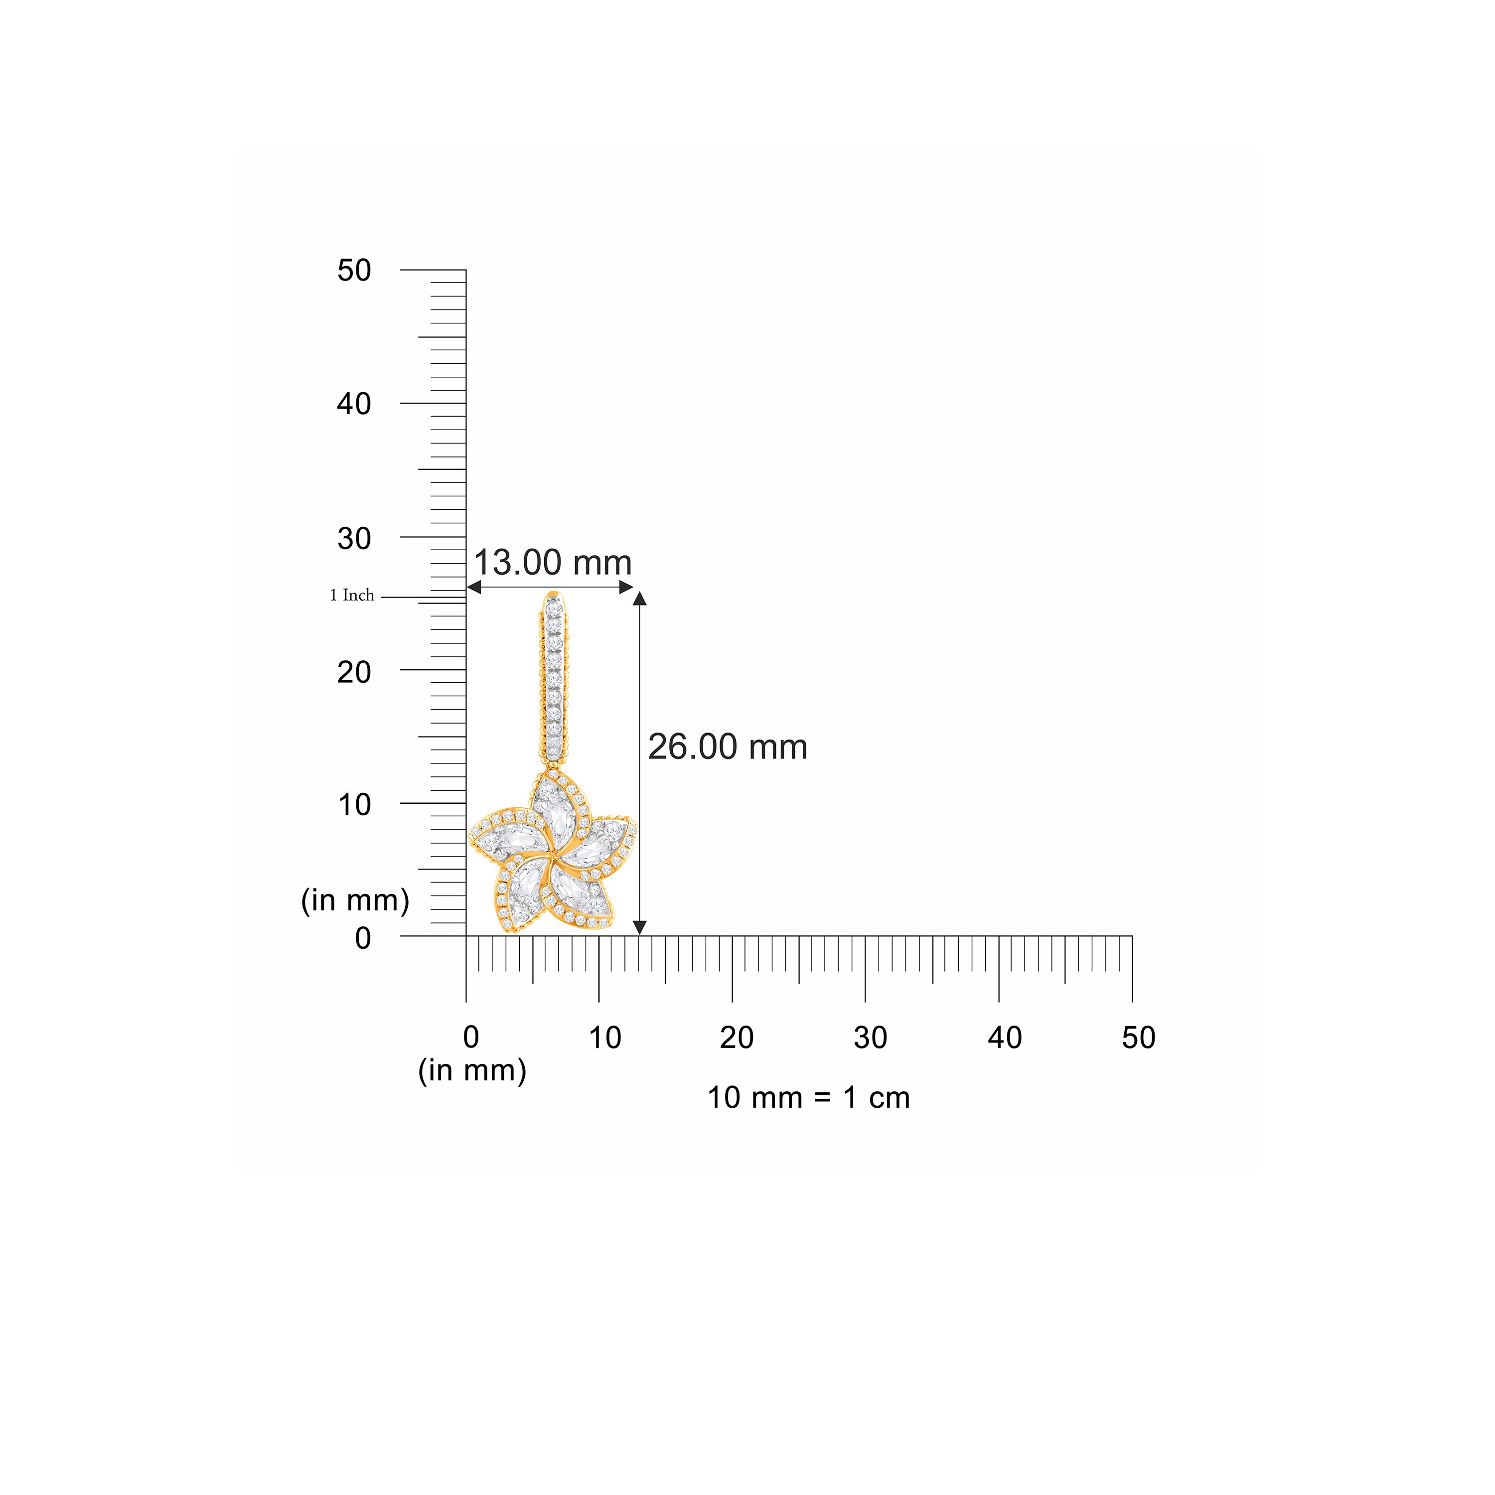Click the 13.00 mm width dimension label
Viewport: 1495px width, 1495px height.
point(553,563)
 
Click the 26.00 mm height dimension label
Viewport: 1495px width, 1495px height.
point(728,747)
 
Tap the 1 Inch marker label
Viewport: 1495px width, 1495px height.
point(352,595)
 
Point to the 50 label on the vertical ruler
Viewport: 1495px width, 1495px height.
point(354,270)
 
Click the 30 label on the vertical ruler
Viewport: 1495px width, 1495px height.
point(354,538)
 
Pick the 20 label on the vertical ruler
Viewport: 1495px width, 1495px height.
point(354,672)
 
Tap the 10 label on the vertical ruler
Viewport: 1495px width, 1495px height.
point(354,805)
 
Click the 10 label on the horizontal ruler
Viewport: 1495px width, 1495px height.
point(604,1038)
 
